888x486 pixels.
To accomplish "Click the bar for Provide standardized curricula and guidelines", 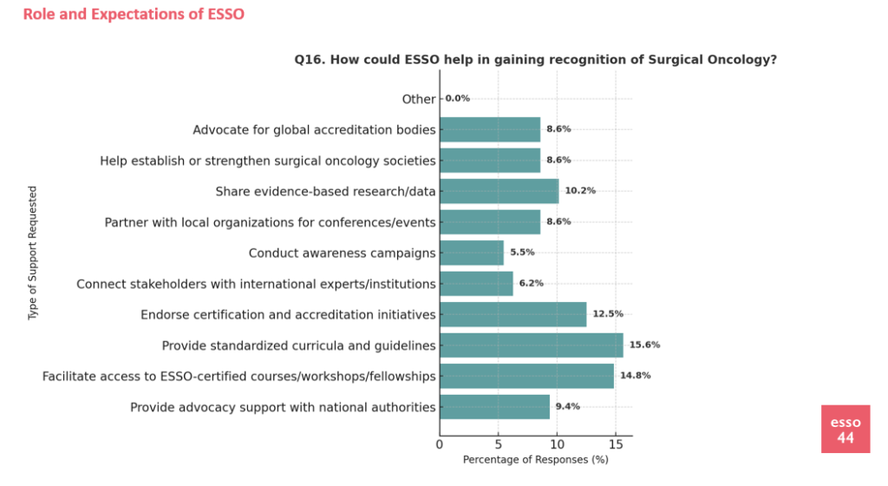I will point(531,345).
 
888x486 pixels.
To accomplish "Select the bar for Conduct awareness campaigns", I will point(472,253).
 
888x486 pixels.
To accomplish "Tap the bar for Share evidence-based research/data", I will point(499,191).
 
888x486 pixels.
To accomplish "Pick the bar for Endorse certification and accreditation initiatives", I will point(513,314).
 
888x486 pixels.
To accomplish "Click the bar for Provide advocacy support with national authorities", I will point(494,407).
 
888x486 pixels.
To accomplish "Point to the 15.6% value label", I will point(644,345).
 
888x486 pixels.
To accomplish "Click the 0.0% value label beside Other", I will point(457,98).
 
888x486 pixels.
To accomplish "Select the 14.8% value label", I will point(636,376).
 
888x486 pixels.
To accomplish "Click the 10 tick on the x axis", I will point(557,445).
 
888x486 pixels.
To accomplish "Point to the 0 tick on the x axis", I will point(440,445).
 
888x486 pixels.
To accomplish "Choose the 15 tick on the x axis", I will point(615,445).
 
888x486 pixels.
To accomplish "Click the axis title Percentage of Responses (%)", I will point(535,460).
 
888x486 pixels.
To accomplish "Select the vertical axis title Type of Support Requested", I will point(34,253).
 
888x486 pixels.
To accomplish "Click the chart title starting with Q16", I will point(535,60).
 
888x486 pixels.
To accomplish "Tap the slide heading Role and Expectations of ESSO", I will point(134,14).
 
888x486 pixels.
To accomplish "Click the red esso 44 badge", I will point(845,429).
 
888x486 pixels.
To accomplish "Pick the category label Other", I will point(419,99).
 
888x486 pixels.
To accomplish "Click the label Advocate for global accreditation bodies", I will point(314,130).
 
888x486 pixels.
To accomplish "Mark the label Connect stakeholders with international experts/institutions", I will point(256,284).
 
